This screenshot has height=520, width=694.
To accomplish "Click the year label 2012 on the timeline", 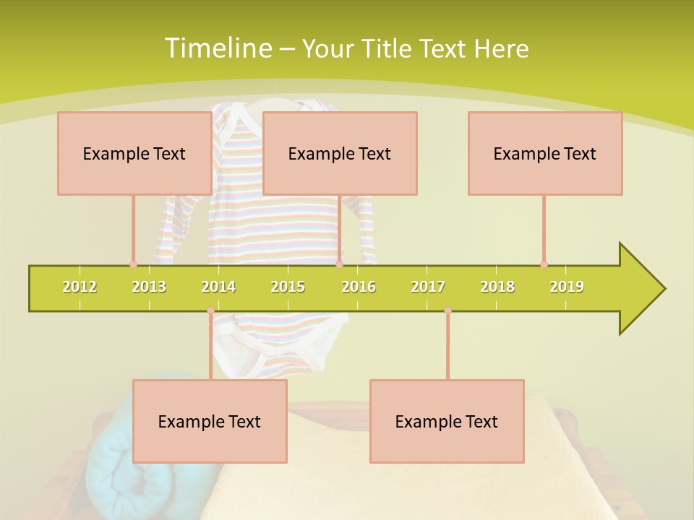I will click(80, 287).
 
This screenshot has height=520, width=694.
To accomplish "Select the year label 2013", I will click(149, 287).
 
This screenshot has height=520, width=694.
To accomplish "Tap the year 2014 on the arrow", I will click(218, 287).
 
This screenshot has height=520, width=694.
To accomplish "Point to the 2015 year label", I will click(288, 287).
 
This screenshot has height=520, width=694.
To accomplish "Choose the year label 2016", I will click(359, 287).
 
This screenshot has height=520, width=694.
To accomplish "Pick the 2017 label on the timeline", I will click(428, 287).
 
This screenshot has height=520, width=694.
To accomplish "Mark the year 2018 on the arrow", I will click(497, 287).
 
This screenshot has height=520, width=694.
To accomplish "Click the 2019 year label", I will click(567, 287).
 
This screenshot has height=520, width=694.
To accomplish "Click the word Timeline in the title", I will click(217, 48).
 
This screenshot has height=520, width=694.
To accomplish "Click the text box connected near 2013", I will click(134, 153).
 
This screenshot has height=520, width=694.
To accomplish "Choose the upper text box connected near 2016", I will click(340, 153).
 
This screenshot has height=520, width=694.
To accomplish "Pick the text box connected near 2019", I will click(545, 153).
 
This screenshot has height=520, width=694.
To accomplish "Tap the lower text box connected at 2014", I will click(210, 421).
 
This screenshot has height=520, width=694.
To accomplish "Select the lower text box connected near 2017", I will click(447, 421).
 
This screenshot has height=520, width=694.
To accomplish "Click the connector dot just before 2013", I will click(133, 264).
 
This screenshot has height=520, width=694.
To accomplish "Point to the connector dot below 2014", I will click(210, 311).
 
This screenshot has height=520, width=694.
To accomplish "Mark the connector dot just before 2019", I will click(544, 264).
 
